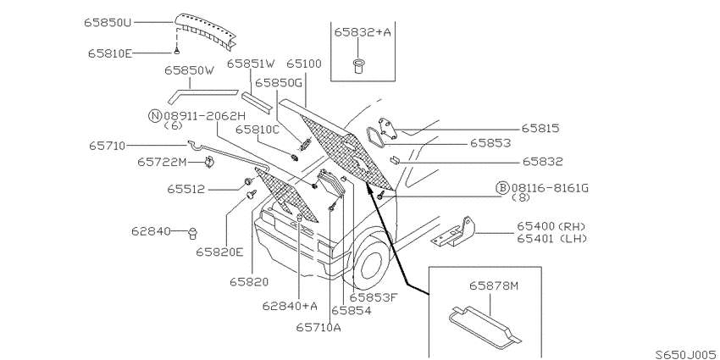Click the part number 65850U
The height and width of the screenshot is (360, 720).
[108, 22]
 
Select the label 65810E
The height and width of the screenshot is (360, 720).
[110, 53]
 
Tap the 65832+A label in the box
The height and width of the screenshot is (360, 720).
[363, 31]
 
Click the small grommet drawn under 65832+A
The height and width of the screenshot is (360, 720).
[357, 64]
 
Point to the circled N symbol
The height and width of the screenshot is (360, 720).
[155, 116]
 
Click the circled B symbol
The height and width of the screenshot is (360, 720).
[503, 188]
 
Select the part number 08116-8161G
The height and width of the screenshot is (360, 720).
[550, 188]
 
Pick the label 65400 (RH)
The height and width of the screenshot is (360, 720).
[551, 226]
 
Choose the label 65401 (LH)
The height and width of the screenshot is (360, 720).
[551, 238]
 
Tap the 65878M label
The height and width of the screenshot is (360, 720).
[493, 286]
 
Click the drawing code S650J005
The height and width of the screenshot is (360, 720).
[687, 354]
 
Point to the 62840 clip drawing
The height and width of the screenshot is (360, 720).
[193, 233]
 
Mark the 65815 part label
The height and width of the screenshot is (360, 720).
[540, 129]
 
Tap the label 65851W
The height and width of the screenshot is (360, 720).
[252, 64]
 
